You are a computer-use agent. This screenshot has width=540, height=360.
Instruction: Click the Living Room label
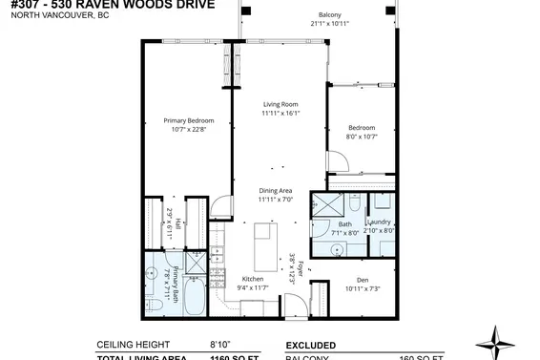[281, 104]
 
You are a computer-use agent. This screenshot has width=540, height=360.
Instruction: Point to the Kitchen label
[252, 279]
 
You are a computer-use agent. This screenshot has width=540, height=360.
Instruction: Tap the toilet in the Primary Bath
[153, 306]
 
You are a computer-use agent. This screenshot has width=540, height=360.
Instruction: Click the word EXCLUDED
[309, 345]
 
